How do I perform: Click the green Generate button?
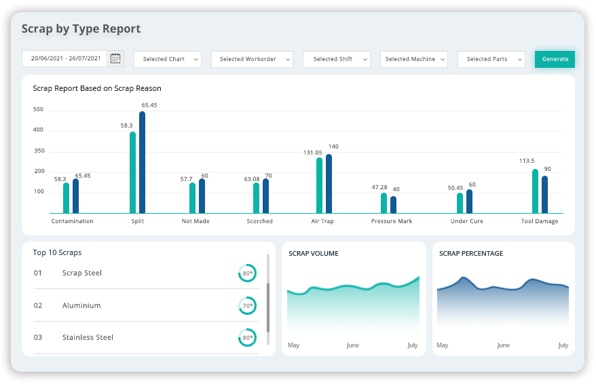click(x=555, y=59)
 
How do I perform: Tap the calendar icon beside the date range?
click(x=115, y=58)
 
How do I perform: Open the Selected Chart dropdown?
click(x=168, y=59)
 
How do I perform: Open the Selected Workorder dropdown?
click(x=251, y=59)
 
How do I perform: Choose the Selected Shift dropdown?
click(x=337, y=59)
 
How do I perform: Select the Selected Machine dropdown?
click(x=413, y=59)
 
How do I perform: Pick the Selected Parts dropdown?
click(x=491, y=59)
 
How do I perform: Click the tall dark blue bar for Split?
click(x=142, y=162)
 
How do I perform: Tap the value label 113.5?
click(x=527, y=161)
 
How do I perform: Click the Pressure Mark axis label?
click(x=392, y=221)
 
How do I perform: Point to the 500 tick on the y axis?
click(x=38, y=109)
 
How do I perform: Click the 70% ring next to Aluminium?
click(x=247, y=305)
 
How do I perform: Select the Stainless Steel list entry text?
click(x=88, y=337)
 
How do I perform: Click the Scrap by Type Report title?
click(x=81, y=29)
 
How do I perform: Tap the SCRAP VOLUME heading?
click(x=313, y=254)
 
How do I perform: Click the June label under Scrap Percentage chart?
click(x=503, y=345)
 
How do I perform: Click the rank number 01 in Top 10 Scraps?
click(x=38, y=273)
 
